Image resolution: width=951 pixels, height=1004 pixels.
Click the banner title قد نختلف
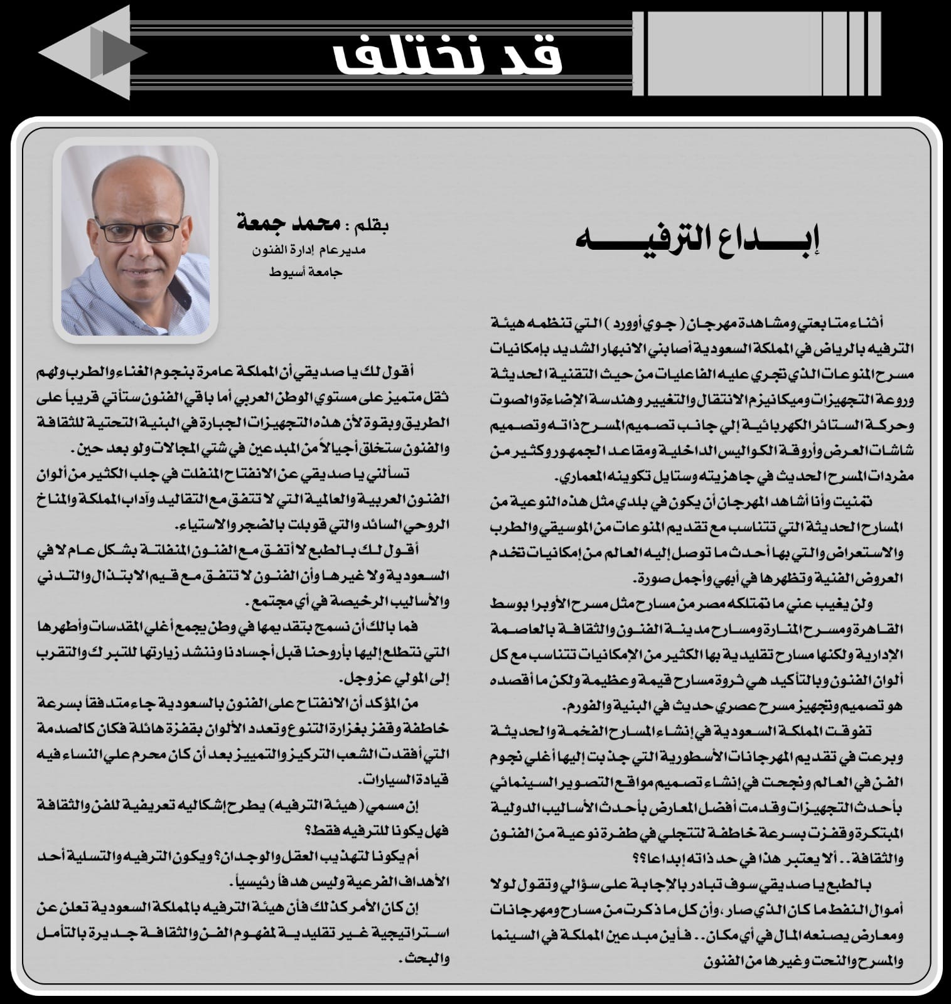[x=447, y=55]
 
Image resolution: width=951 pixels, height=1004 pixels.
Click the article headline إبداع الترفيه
[x=699, y=240]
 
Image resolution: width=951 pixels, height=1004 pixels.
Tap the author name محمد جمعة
[x=289, y=223]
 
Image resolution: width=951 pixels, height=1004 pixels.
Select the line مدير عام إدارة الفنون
[x=308, y=250]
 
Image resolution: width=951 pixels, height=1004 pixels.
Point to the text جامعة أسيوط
[x=306, y=272]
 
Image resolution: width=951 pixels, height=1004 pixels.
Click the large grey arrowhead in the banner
[x=88, y=53]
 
